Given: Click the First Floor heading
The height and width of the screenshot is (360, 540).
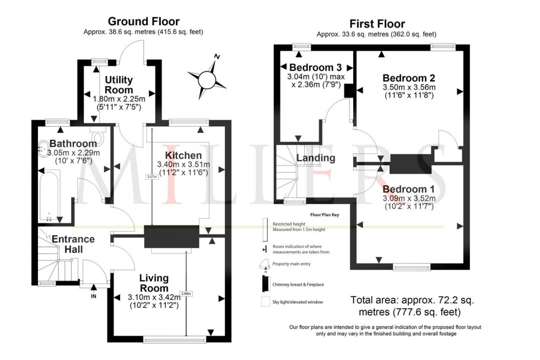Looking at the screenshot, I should click(x=377, y=24).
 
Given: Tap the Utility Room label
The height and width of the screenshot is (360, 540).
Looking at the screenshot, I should click(x=119, y=85).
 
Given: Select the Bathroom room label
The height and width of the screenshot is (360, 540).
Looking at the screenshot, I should click(x=73, y=143).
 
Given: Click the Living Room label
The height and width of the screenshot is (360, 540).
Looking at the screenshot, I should click(x=154, y=283).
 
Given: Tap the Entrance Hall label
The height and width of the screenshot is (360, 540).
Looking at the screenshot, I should click(x=73, y=244).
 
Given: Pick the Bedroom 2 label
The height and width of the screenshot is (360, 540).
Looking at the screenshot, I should click(x=405, y=78).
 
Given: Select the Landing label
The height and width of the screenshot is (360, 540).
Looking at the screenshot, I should click(x=316, y=158).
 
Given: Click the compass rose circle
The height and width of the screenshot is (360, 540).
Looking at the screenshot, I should click(x=206, y=80).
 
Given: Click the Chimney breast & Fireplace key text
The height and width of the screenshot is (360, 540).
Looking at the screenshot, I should click(x=297, y=284).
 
